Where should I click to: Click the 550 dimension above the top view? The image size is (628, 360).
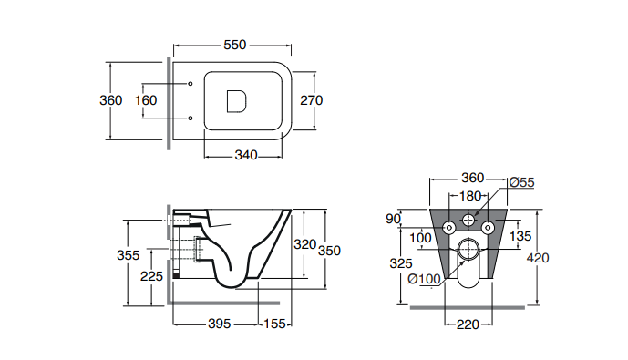tap(234, 45)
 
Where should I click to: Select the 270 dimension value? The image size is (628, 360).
tap(311, 100)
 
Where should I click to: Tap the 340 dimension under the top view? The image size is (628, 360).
tap(246, 155)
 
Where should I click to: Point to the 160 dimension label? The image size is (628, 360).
tap(146, 100)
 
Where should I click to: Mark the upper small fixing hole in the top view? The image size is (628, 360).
tap(190, 84)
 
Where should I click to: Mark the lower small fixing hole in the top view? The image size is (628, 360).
tap(190, 118)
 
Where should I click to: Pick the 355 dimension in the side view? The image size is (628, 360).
tap(129, 255)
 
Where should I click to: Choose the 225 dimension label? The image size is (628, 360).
tap(152, 276)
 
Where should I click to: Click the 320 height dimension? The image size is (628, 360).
tap(304, 244)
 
